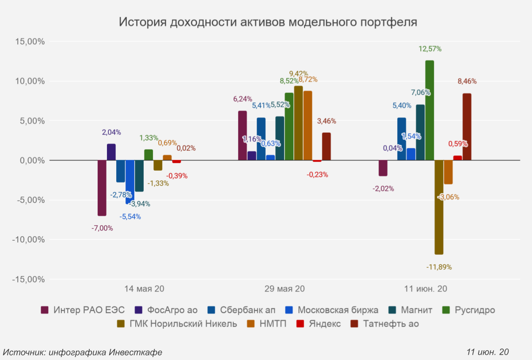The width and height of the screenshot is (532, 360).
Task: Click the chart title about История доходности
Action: [268, 22]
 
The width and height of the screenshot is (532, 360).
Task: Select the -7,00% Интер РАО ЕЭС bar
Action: [102, 188]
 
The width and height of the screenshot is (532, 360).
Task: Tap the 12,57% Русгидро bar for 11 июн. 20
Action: [429, 110]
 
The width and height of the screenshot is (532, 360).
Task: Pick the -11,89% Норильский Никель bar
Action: [439, 207]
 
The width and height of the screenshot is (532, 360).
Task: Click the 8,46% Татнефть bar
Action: [467, 127]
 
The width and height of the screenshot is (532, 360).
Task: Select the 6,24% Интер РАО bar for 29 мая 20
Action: [243, 135]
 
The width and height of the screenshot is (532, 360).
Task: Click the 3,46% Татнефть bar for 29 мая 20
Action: [326, 146]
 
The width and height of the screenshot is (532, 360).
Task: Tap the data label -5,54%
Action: [130, 217]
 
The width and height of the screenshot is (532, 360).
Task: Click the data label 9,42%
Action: [299, 73]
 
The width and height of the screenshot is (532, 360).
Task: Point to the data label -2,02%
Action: [383, 188]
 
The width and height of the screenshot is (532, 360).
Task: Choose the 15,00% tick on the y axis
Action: [30, 42]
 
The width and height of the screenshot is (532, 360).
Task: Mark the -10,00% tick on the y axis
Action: [28, 240]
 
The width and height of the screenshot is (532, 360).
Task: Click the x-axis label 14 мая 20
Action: [144, 289]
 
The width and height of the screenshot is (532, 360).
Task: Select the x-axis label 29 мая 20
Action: [285, 289]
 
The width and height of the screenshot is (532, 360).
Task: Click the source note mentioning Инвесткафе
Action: [83, 352]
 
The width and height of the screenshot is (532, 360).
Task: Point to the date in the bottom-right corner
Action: [487, 352]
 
